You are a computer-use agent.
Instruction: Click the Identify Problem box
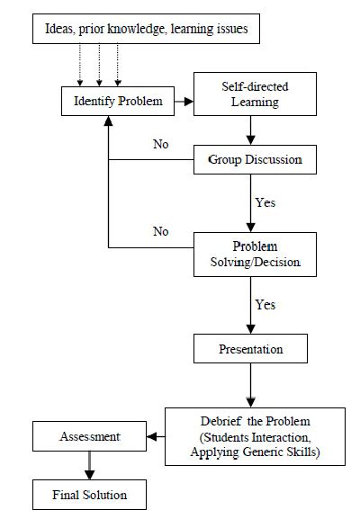117,101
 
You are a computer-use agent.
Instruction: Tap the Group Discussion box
256,160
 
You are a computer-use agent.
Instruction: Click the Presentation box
250,347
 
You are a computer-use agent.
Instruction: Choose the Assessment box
89,437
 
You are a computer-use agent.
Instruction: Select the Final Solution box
89,494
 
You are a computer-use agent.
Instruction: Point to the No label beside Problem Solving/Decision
161,231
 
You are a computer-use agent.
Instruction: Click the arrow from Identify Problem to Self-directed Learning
184,101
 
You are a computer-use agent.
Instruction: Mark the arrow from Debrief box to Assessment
155,437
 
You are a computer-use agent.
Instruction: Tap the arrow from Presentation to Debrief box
251,384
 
